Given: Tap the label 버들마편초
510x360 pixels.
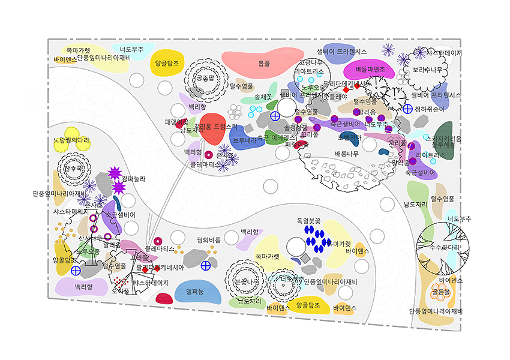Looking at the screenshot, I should tap(370, 69).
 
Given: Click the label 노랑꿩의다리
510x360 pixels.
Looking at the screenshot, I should tap(71, 140).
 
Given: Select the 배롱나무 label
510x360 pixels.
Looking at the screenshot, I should tap(347, 154).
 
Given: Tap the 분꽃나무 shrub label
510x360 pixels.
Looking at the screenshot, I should tap(246, 281).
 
